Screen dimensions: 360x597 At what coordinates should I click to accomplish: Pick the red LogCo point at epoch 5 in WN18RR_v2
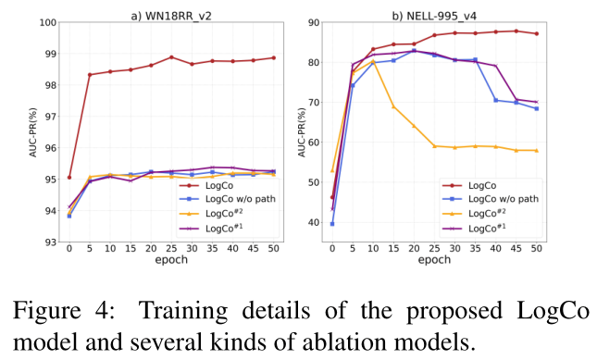(x=90, y=75)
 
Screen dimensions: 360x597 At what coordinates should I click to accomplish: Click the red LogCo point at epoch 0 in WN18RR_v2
(x=69, y=177)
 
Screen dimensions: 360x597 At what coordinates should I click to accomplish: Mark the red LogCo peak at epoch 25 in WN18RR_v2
(x=171, y=57)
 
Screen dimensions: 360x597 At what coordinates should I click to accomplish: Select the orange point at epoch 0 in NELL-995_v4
(x=332, y=170)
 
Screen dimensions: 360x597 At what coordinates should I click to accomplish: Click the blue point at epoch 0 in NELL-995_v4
(x=332, y=224)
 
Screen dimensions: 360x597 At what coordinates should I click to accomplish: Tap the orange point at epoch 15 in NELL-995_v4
(x=393, y=107)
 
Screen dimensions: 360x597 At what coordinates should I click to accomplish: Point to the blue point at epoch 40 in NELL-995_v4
(x=495, y=100)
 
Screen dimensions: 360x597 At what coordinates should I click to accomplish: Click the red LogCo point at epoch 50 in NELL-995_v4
(x=536, y=34)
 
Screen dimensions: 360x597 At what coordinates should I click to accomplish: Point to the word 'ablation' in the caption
(x=359, y=341)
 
